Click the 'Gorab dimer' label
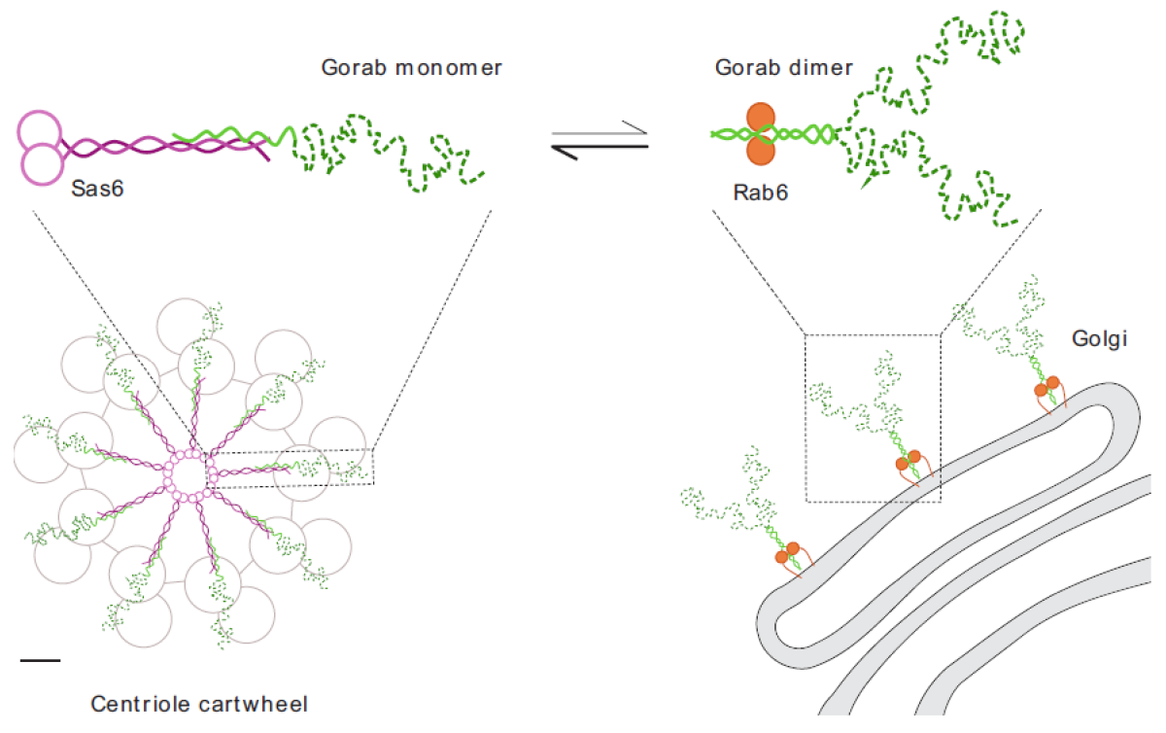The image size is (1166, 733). click(783, 68)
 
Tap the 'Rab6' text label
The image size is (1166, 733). click(761, 192)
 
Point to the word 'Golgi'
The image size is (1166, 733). click(1099, 340)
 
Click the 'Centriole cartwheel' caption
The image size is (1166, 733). click(200, 703)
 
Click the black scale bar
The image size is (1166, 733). click(40, 661)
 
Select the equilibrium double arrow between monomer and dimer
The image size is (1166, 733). click(600, 135)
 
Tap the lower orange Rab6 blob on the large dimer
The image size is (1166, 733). click(761, 150)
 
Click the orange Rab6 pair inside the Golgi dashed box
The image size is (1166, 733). click(908, 460)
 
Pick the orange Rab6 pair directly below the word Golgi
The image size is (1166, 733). click(1046, 386)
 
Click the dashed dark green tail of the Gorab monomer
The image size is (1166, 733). click(389, 154)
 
